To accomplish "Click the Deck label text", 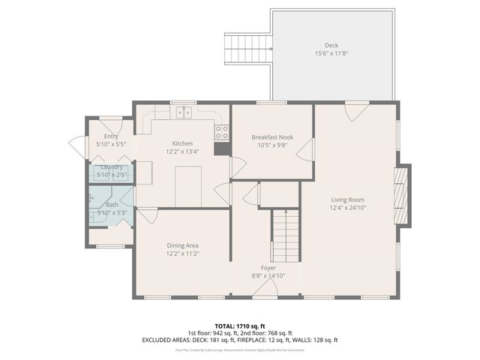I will click(x=331, y=45).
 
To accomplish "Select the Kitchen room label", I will click(x=182, y=143).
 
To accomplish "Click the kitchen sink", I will click(x=184, y=113).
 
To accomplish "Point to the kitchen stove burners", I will click(x=222, y=132).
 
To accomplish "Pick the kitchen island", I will click(x=188, y=186).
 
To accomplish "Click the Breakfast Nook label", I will click(x=271, y=136).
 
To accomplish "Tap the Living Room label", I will click(x=348, y=199).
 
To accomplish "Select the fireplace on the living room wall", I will click(x=402, y=195).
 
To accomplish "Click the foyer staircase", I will click(x=285, y=235).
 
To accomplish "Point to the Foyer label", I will click(x=268, y=268).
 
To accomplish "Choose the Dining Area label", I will click(x=182, y=245).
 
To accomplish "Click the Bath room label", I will click(x=112, y=205).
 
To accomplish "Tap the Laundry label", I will click(x=112, y=166).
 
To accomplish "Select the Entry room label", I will click(x=111, y=136).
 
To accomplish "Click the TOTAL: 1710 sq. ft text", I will click(x=240, y=325).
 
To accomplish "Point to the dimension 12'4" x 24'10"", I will click(x=348, y=208).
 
